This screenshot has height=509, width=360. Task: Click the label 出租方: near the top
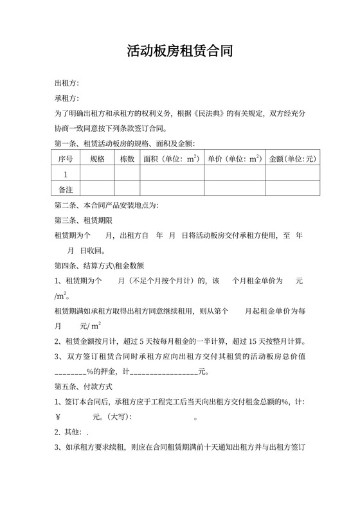point(67,83)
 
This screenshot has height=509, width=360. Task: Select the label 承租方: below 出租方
point(67,98)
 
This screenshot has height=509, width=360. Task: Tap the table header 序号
point(66,158)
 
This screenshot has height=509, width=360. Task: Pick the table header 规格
point(97,158)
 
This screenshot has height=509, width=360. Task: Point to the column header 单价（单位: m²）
point(234,158)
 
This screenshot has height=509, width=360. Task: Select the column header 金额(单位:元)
point(292,158)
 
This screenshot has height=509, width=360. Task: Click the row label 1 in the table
point(66,174)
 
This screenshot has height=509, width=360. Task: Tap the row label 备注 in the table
point(66,190)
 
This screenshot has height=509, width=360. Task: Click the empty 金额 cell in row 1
point(292,174)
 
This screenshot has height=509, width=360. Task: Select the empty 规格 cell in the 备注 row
point(97,190)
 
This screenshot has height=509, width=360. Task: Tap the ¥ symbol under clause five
point(58,416)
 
